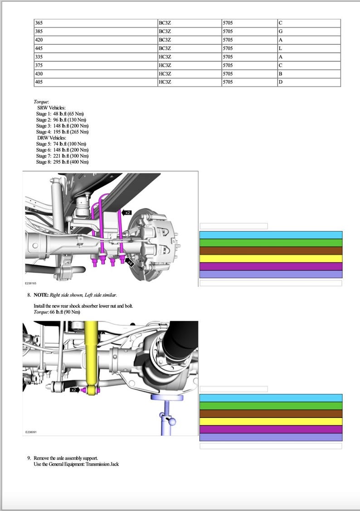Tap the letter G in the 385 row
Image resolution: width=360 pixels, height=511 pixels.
pyautogui.click(x=281, y=32)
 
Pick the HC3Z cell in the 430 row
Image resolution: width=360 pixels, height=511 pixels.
pyautogui.click(x=165, y=74)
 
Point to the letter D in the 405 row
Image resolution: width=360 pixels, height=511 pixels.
pyautogui.click(x=281, y=82)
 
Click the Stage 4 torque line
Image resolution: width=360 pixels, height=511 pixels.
pyautogui.click(x=62, y=132)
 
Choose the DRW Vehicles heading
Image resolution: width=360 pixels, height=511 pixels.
pyautogui.click(x=52, y=138)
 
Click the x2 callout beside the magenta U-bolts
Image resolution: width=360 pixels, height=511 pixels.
pyautogui.click(x=127, y=212)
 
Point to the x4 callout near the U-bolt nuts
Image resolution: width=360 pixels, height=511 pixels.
pyautogui.click(x=131, y=262)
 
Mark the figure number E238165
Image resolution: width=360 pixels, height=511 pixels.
pyautogui.click(x=30, y=283)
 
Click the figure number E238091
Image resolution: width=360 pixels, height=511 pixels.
pyautogui.click(x=30, y=432)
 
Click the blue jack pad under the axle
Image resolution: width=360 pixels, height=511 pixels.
pyautogui.click(x=167, y=398)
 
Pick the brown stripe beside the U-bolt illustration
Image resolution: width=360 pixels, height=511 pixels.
pyautogui.click(x=271, y=251)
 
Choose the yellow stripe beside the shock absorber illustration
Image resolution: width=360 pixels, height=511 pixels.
pyautogui.click(x=271, y=421)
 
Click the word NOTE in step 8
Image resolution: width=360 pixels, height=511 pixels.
pyautogui.click(x=41, y=295)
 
